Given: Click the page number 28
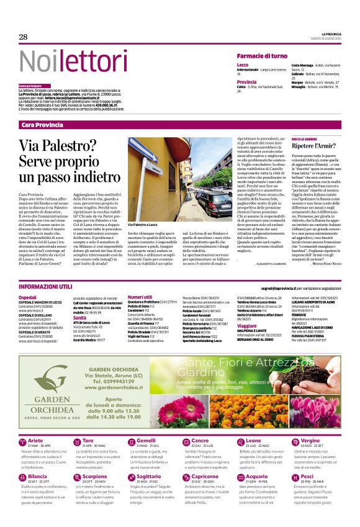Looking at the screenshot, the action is [x=23, y=37].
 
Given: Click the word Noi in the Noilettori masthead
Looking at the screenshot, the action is [x=38, y=61].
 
